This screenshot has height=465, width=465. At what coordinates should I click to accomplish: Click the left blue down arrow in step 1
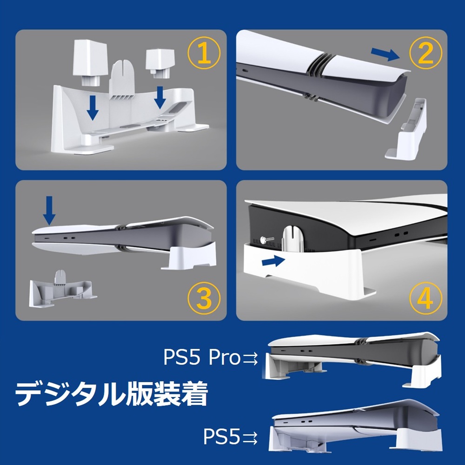click(x=93, y=107)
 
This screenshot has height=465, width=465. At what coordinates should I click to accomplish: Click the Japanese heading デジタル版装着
click(x=111, y=395)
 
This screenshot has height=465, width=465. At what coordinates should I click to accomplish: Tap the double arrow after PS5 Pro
click(x=251, y=358)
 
